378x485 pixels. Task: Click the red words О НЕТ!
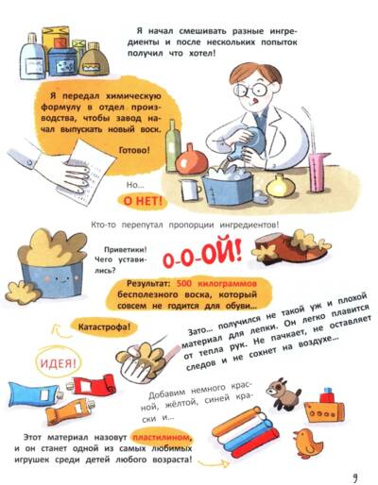click(143, 201)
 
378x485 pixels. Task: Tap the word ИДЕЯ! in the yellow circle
click(59, 363)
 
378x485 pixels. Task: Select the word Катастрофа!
click(104, 327)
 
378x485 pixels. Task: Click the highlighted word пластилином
click(162, 438)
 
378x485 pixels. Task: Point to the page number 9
click(355, 477)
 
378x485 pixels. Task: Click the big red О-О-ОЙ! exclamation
click(201, 255)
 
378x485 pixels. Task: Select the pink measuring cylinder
click(318, 172)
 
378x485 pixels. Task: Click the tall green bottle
click(173, 145)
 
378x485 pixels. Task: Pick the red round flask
click(192, 160)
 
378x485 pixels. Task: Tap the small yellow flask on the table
click(281, 186)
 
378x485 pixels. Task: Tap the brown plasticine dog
click(283, 394)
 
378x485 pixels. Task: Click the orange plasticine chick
click(307, 443)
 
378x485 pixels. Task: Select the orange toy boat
click(324, 407)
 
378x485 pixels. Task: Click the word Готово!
click(134, 150)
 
